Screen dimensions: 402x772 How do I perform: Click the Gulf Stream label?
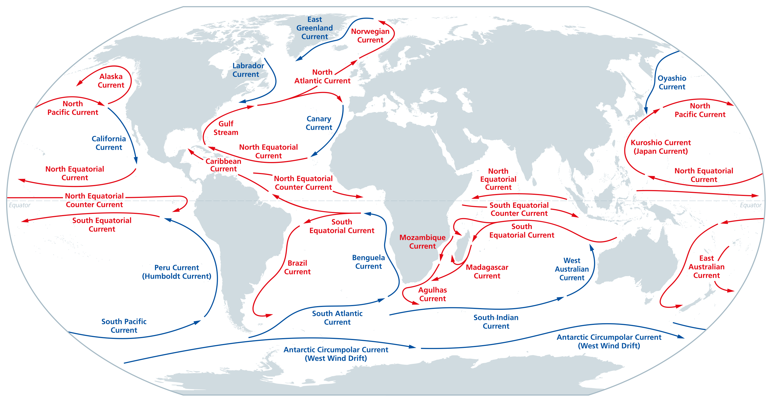(x=226, y=128)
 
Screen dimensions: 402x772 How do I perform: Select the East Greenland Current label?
(x=314, y=28)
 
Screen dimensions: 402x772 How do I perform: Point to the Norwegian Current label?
(x=370, y=35)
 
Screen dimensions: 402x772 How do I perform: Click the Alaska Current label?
(x=111, y=81)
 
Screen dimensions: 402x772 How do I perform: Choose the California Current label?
(x=108, y=143)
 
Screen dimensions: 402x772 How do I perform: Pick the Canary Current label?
(x=319, y=123)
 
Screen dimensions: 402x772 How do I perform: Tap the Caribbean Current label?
(x=223, y=165)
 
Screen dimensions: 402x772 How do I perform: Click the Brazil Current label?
(x=297, y=267)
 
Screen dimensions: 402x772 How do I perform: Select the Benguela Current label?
(x=368, y=262)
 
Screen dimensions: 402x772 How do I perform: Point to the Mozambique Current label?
(x=422, y=242)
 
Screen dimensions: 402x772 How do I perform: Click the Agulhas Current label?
(x=432, y=294)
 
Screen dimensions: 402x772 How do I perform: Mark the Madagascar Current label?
(x=487, y=271)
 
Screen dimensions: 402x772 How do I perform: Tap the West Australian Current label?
(x=572, y=269)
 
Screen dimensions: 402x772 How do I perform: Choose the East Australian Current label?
(x=706, y=267)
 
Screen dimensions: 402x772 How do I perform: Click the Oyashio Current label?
(x=672, y=82)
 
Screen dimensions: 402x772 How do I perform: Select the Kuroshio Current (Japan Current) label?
(x=660, y=147)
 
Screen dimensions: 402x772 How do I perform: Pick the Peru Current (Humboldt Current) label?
(x=177, y=272)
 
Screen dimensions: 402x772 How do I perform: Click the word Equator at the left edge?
(x=20, y=205)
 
